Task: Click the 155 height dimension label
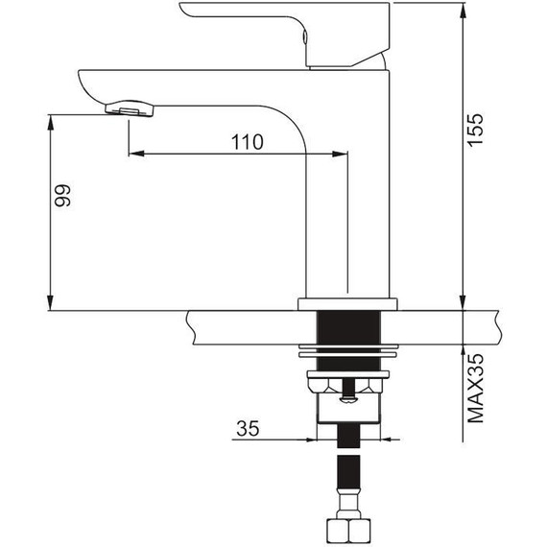click(475, 130)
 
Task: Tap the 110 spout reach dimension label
click(248, 142)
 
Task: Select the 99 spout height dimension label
click(62, 196)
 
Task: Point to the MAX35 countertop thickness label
click(475, 389)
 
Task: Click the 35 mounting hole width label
click(248, 428)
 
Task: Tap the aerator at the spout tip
click(130, 108)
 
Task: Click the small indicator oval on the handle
click(305, 36)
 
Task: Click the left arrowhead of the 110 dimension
click(136, 154)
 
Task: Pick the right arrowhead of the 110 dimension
click(340, 154)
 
